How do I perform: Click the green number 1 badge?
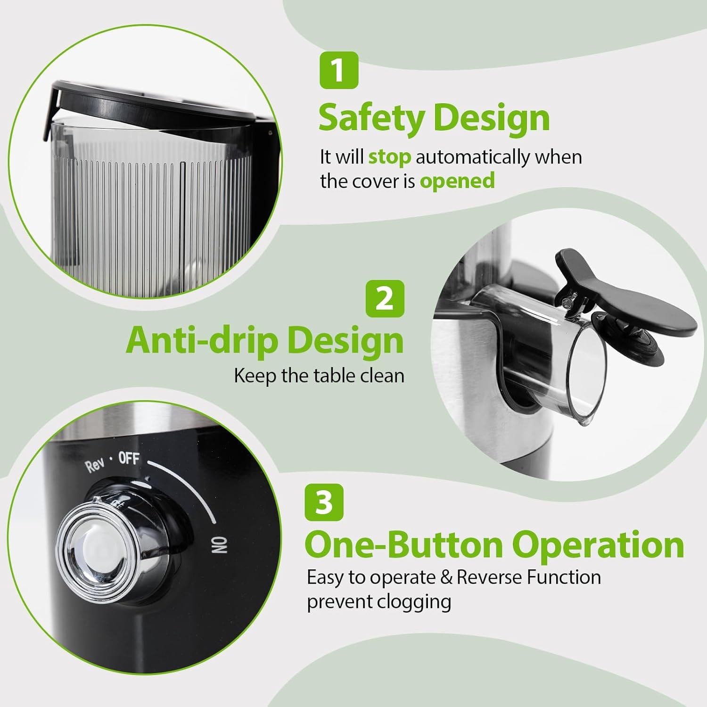(339, 70)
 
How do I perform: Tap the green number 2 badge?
(385, 298)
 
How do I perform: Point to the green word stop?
(389, 157)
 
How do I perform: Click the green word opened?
(457, 181)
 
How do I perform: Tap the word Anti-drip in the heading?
(202, 340)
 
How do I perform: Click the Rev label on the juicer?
(95, 465)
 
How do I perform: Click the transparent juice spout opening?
(587, 372)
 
